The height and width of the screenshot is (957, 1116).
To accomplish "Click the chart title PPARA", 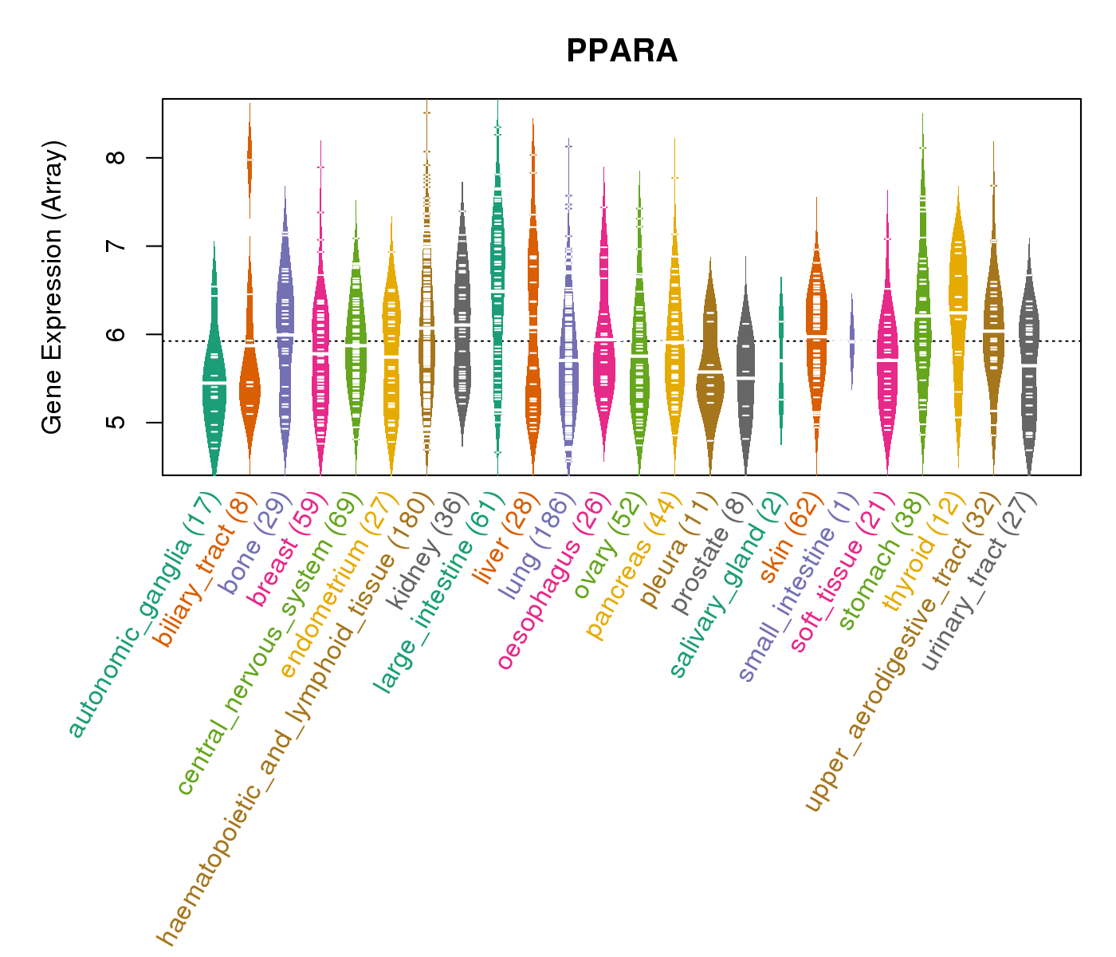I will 622,52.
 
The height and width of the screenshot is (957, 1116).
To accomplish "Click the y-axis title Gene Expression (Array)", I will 53,287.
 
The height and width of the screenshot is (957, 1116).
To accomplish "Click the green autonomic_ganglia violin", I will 214,383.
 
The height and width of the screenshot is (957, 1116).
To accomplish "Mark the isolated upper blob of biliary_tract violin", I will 250,159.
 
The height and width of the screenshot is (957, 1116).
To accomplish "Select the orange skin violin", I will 816,335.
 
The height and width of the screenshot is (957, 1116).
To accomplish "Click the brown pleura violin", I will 710,367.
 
